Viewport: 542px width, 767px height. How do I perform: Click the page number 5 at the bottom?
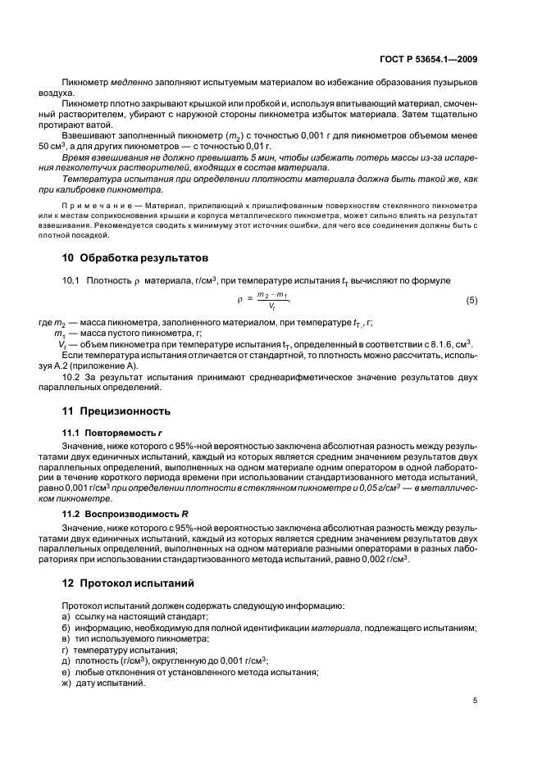[x=476, y=701]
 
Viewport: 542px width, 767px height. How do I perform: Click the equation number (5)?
[x=471, y=301]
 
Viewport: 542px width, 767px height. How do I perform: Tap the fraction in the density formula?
[x=271, y=301]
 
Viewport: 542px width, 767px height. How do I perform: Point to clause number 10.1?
[x=71, y=281]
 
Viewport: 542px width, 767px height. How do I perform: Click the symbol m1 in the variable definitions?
[x=59, y=334]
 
